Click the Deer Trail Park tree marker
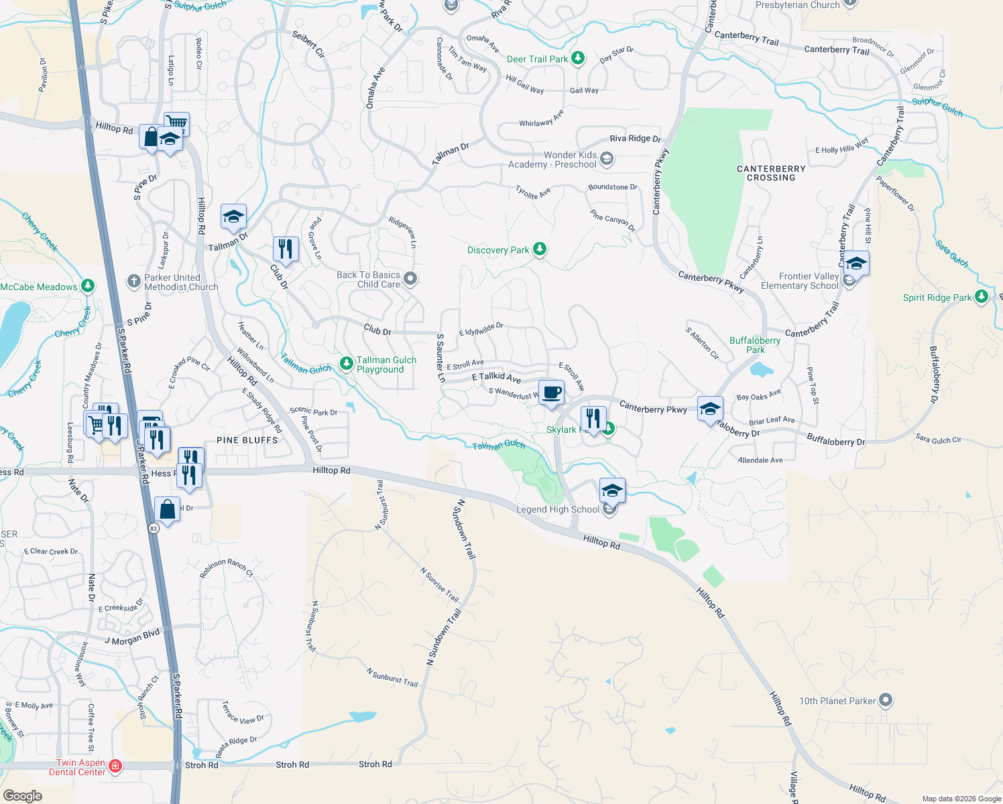[x=577, y=58]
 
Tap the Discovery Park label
[x=498, y=250]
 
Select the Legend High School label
[x=557, y=509]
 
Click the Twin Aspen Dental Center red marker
[x=115, y=765]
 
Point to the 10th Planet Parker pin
[x=886, y=701]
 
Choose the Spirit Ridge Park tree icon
[x=982, y=296]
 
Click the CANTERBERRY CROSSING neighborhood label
[x=771, y=173]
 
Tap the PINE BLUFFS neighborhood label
[x=247, y=440]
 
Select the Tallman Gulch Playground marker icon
[x=347, y=363]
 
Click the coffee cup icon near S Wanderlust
[x=552, y=393]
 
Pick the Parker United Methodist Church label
[x=181, y=282]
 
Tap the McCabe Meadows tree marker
[x=88, y=286]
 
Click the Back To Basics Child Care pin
[x=411, y=278]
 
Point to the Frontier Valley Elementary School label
[x=799, y=281]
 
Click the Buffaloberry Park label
[x=755, y=345]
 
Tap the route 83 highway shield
[x=154, y=529]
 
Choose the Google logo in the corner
[x=23, y=795]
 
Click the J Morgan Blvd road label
[x=132, y=637]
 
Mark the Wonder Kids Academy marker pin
[x=607, y=159]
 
